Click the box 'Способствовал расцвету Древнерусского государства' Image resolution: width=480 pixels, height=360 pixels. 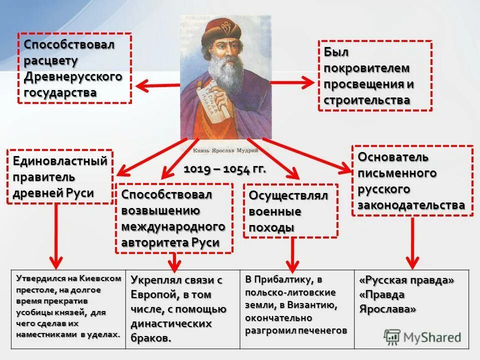coord(74,68)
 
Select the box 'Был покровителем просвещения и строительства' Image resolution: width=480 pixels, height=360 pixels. coord(374,75)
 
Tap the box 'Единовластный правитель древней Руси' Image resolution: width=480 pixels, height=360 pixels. coord(59,176)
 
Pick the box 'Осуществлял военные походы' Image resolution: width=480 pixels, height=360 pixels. coord(290,210)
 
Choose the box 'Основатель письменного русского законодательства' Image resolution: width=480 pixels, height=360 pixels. coord(412,180)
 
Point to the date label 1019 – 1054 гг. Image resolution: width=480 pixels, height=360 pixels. coord(225,169)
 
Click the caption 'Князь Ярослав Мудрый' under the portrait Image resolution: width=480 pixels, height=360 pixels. coord(225,149)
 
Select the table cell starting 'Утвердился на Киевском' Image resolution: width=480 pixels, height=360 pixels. coord(68,306)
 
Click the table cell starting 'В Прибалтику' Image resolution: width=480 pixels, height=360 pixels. coord(296,304)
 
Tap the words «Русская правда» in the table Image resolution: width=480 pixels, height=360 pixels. coord(406,280)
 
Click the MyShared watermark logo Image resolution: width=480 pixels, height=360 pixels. coord(422,336)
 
